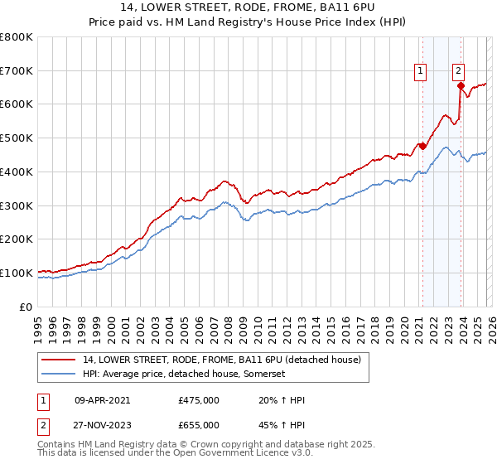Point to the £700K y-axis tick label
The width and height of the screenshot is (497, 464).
coord(17,70)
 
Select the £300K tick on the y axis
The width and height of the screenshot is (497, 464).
coord(17,205)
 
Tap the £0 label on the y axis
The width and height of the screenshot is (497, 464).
coord(26,307)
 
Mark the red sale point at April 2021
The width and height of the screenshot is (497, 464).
coord(422,147)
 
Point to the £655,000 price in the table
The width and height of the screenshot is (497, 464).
coord(199,425)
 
